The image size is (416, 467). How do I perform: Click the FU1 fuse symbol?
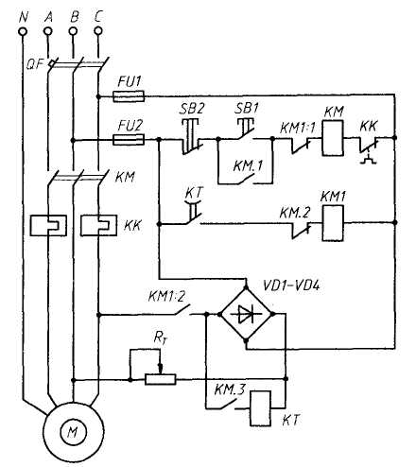(129, 96)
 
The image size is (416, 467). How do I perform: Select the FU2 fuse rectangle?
(129, 139)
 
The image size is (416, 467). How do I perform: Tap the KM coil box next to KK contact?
(333, 138)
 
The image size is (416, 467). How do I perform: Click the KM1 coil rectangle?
(333, 223)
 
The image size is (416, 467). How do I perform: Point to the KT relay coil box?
(261, 408)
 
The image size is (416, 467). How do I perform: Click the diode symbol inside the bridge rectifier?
(246, 314)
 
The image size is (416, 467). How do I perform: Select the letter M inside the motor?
(73, 432)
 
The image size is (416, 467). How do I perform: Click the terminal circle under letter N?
(23, 31)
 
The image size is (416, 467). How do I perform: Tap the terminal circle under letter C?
(98, 31)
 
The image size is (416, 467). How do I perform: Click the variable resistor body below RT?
(161, 379)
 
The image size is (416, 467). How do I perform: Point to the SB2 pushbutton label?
(192, 109)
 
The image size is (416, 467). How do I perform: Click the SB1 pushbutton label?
(247, 109)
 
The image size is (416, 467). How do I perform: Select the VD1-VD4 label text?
(291, 286)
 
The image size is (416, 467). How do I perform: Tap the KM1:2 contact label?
(166, 297)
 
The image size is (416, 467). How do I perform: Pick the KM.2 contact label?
(295, 213)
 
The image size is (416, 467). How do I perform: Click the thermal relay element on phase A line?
(48, 225)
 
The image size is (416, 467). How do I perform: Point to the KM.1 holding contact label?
(248, 165)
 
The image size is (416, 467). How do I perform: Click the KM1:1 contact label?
(298, 128)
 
